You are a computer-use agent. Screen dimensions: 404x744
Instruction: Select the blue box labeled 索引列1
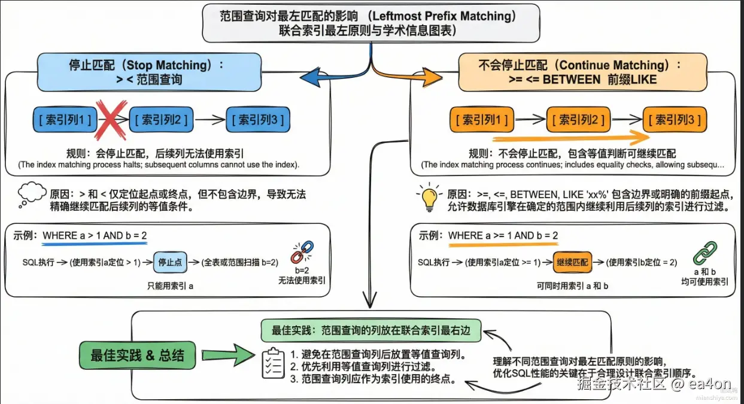65,120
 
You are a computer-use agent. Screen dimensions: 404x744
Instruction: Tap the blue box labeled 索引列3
257,120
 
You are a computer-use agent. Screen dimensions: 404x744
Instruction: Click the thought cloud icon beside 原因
32,193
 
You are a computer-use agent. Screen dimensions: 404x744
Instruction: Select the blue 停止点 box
169,262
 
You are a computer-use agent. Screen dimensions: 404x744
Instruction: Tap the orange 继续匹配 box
572,262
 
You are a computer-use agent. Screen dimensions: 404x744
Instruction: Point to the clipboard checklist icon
274,363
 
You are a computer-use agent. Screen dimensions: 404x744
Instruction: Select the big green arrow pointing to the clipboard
226,356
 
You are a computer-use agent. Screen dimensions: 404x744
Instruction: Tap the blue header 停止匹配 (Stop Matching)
148,71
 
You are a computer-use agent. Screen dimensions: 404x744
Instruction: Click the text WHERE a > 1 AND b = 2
94,235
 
